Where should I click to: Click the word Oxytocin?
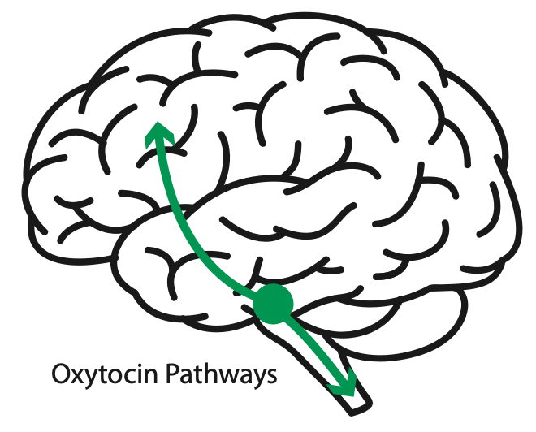[105, 375]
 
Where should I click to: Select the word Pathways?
[221, 375]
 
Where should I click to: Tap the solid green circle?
[273, 303]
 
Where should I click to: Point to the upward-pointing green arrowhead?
[158, 134]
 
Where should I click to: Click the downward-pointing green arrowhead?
[344, 383]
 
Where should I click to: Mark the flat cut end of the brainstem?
[361, 408]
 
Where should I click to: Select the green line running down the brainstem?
[316, 348]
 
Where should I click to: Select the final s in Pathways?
[271, 377]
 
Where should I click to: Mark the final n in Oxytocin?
[152, 376]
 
